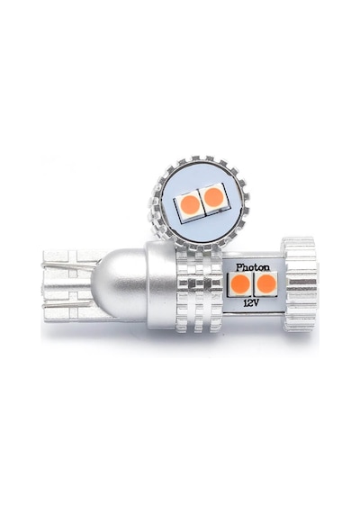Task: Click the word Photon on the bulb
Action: pos(253,267)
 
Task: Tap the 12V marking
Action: pos(251,303)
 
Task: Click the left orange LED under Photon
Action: pos(239,283)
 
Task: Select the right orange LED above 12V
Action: pos(265,283)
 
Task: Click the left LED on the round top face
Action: pos(190,206)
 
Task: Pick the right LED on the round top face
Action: pos(213,197)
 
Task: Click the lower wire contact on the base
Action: pos(67,304)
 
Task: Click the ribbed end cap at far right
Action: pos(300,283)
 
